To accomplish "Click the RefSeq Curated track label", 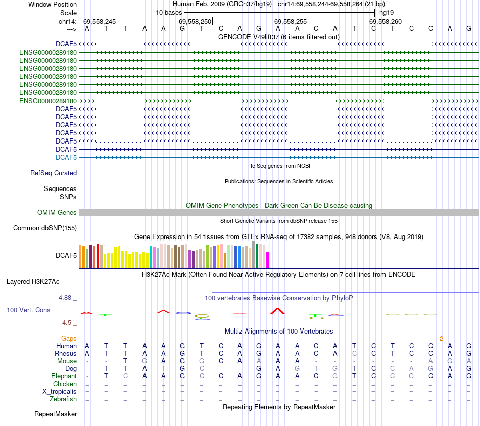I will (x=54, y=173).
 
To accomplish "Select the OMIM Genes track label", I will (x=57, y=213).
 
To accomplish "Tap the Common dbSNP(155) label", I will (x=44, y=228).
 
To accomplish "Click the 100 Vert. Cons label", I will (x=28, y=310).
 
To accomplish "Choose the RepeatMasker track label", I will (x=56, y=414).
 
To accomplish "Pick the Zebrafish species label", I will (x=63, y=399).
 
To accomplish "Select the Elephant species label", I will (x=64, y=376).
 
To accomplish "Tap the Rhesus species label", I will (x=66, y=354).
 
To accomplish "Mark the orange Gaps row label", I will (x=69, y=338).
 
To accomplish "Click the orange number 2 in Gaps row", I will (x=441, y=338).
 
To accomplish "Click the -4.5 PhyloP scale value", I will (x=66, y=323).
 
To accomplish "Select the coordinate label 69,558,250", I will (x=195, y=21).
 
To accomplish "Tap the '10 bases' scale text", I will (x=169, y=12).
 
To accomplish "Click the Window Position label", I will (x=53, y=4).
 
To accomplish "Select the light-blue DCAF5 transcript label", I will (x=66, y=158).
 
